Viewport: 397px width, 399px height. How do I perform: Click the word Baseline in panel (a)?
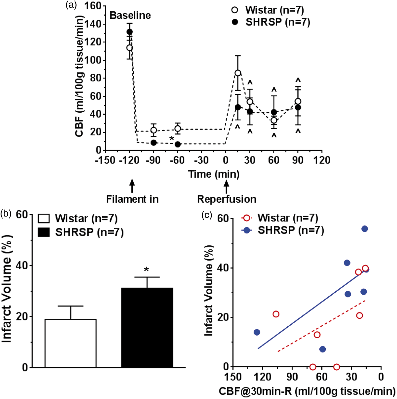[130, 16]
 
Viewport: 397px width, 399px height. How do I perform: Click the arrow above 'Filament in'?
[132, 186]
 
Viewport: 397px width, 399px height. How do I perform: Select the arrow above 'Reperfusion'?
[227, 186]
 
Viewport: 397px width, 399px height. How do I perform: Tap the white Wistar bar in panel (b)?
[71, 343]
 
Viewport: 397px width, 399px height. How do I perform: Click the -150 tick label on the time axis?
[105, 161]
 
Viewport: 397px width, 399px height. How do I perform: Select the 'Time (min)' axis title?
[214, 174]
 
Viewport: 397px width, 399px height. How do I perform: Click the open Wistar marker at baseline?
[130, 48]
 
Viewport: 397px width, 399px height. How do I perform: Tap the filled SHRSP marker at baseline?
[130, 32]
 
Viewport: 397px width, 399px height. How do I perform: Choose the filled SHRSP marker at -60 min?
[178, 144]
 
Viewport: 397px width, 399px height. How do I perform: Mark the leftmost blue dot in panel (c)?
[257, 332]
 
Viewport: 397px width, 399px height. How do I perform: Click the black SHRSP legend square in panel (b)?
[44, 232]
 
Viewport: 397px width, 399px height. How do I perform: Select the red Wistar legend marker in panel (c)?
[247, 218]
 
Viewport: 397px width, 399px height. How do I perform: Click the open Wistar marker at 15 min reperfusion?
[238, 73]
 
